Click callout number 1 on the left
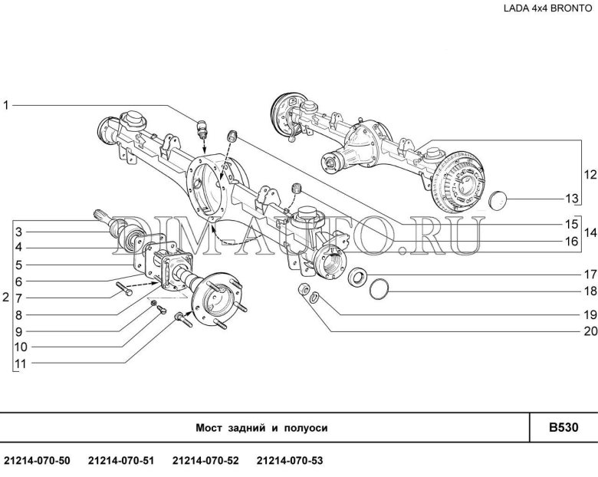(5, 105)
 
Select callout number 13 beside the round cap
(572, 199)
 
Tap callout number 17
(590, 274)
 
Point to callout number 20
(590, 331)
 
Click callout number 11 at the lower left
(21, 364)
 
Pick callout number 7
(19, 298)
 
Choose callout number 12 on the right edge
(590, 175)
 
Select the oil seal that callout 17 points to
(358, 276)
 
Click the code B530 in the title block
(563, 427)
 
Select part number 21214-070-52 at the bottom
(205, 461)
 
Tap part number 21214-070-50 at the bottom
(37, 461)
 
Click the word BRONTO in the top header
(571, 8)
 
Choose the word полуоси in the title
(305, 428)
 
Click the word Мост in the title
(209, 428)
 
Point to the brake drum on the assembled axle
(458, 181)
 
